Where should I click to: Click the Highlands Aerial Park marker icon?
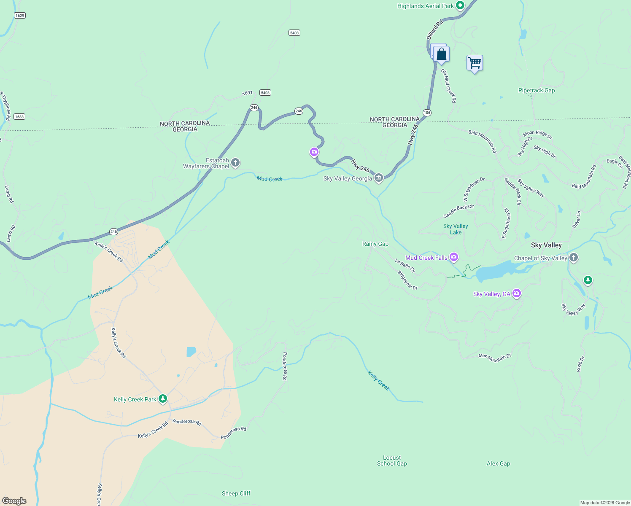tap(460, 6)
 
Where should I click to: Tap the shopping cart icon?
tap(475, 63)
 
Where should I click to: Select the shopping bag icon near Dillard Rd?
tap(441, 54)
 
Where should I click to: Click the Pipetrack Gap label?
tap(537, 90)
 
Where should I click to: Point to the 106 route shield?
tap(427, 113)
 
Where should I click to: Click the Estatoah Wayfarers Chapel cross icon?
tap(235, 163)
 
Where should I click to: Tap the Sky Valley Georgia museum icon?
tap(379, 178)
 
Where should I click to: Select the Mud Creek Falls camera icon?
tap(454, 257)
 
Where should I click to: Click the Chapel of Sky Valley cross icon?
tap(573, 258)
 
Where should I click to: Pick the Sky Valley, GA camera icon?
tap(517, 293)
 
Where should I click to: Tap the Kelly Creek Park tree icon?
tap(162, 399)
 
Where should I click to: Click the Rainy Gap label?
tap(375, 244)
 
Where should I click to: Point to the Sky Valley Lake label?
tap(456, 229)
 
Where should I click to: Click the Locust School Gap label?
tap(392, 460)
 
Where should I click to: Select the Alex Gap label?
tap(498, 463)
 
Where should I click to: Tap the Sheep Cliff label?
tap(236, 493)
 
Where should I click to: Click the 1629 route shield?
tap(19, 16)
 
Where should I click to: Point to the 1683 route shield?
tap(19, 117)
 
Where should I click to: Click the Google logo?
tap(14, 501)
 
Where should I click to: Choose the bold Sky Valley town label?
tap(546, 245)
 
